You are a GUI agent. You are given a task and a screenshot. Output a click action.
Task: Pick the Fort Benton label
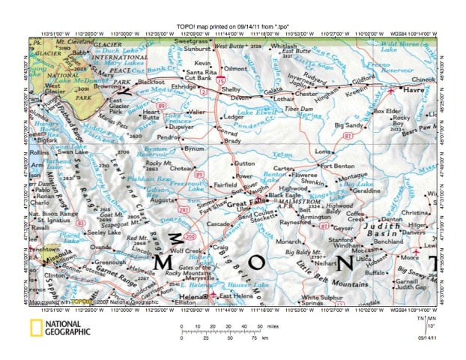coord(336,166)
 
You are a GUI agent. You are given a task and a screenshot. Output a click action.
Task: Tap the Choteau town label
coord(181,169)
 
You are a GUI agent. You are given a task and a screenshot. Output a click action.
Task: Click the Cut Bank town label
coord(198,77)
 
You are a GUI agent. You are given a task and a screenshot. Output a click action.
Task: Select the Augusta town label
coord(163,202)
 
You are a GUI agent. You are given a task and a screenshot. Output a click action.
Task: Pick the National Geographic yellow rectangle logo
coord(34,327)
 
